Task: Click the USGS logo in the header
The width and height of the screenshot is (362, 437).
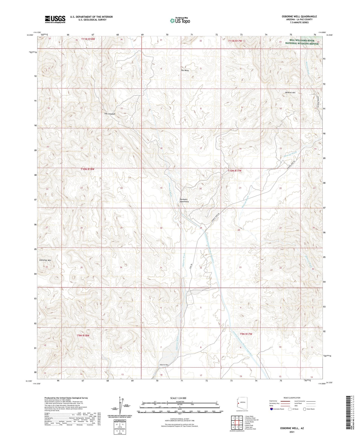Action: click(x=55, y=19)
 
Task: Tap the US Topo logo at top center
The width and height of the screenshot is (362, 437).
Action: click(x=180, y=21)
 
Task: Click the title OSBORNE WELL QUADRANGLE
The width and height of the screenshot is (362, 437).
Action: click(x=299, y=17)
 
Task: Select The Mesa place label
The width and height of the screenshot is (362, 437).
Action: click(x=185, y=71)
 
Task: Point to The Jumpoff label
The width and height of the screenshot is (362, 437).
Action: click(x=110, y=114)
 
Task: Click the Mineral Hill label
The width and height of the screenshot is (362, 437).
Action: click(x=290, y=93)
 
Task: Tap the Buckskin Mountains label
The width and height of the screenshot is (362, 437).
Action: click(x=184, y=200)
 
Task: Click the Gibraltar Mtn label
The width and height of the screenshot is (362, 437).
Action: click(x=45, y=260)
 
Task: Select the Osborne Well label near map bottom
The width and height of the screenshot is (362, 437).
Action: click(x=164, y=365)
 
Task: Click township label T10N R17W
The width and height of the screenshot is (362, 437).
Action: click(x=234, y=171)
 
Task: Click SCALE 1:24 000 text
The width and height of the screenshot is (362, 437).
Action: click(x=178, y=398)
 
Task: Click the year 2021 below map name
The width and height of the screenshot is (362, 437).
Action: click(x=292, y=432)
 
